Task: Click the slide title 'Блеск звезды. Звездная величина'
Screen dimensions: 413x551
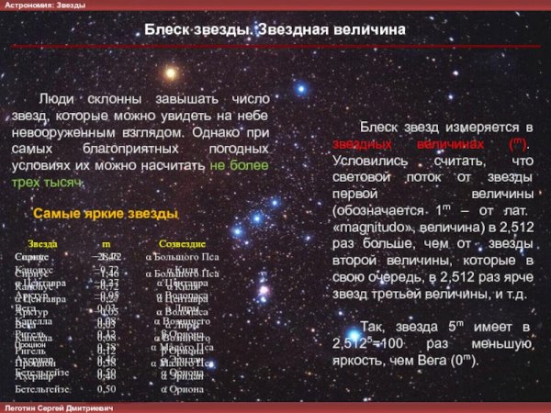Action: (275, 30)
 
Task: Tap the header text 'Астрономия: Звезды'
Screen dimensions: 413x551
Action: (45, 6)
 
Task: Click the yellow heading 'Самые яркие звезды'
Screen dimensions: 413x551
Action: (106, 214)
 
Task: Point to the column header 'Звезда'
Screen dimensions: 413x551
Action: (42, 244)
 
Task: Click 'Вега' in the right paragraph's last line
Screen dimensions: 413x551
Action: (456, 359)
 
